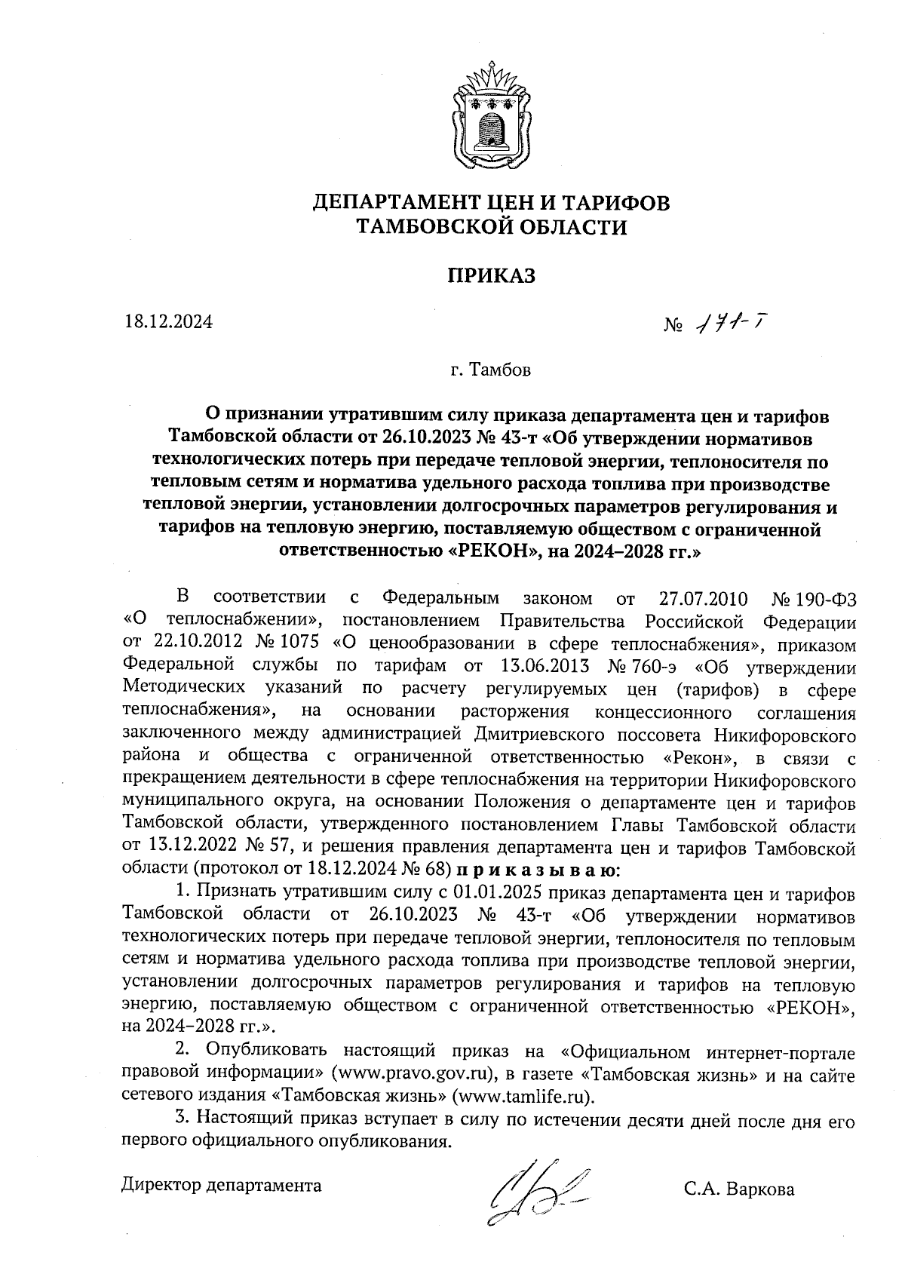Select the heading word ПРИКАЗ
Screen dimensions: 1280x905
tap(491, 275)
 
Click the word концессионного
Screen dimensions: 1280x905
tap(664, 712)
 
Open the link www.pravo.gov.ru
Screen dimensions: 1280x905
tap(414, 1072)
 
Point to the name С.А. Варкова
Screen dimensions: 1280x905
tap(739, 1189)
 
